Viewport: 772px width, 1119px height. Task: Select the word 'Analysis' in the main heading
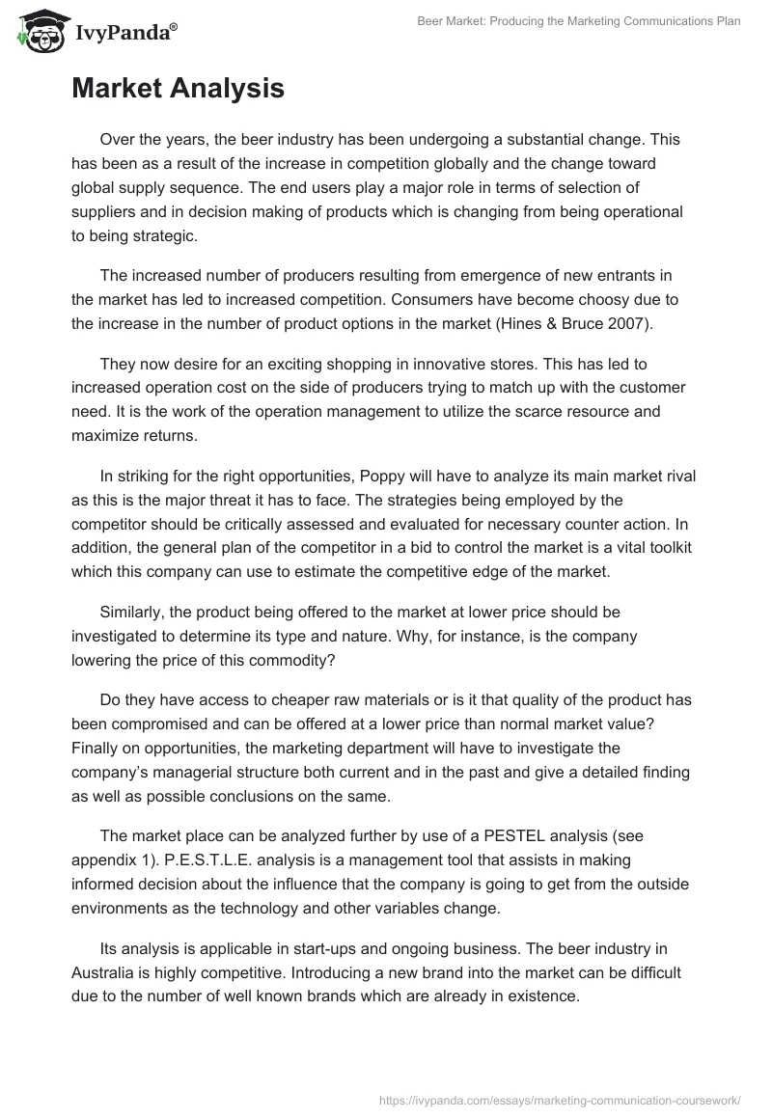coord(228,89)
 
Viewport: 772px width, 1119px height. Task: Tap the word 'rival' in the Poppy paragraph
coord(676,476)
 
